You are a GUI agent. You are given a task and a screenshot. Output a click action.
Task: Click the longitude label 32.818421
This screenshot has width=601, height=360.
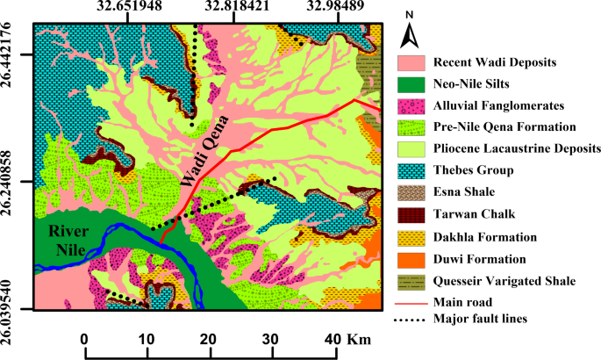tap(236, 8)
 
